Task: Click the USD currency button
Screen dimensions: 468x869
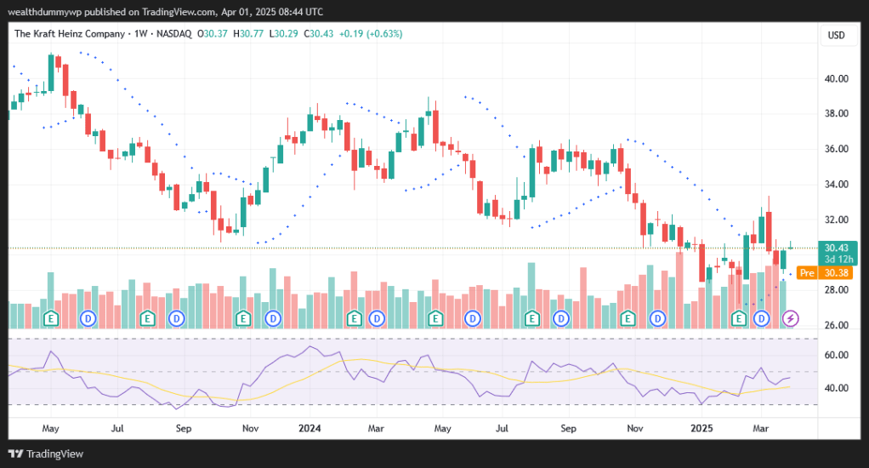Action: pyautogui.click(x=836, y=35)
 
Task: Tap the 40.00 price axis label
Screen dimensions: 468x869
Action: pyautogui.click(x=838, y=78)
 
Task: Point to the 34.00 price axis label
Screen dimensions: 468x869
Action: pyautogui.click(x=838, y=184)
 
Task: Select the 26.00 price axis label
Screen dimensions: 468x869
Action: pyautogui.click(x=838, y=325)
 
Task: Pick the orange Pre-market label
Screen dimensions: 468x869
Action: pyautogui.click(x=808, y=273)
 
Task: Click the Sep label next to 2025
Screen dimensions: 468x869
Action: pyautogui.click(x=569, y=428)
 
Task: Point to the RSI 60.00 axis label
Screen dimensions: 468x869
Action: pyautogui.click(x=838, y=355)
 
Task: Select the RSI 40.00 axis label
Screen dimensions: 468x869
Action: pyautogui.click(x=838, y=388)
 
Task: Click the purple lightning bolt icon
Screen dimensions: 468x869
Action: pyautogui.click(x=792, y=318)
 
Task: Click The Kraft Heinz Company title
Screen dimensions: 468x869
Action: pyautogui.click(x=69, y=33)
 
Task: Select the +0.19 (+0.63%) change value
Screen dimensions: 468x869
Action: pyautogui.click(x=371, y=33)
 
